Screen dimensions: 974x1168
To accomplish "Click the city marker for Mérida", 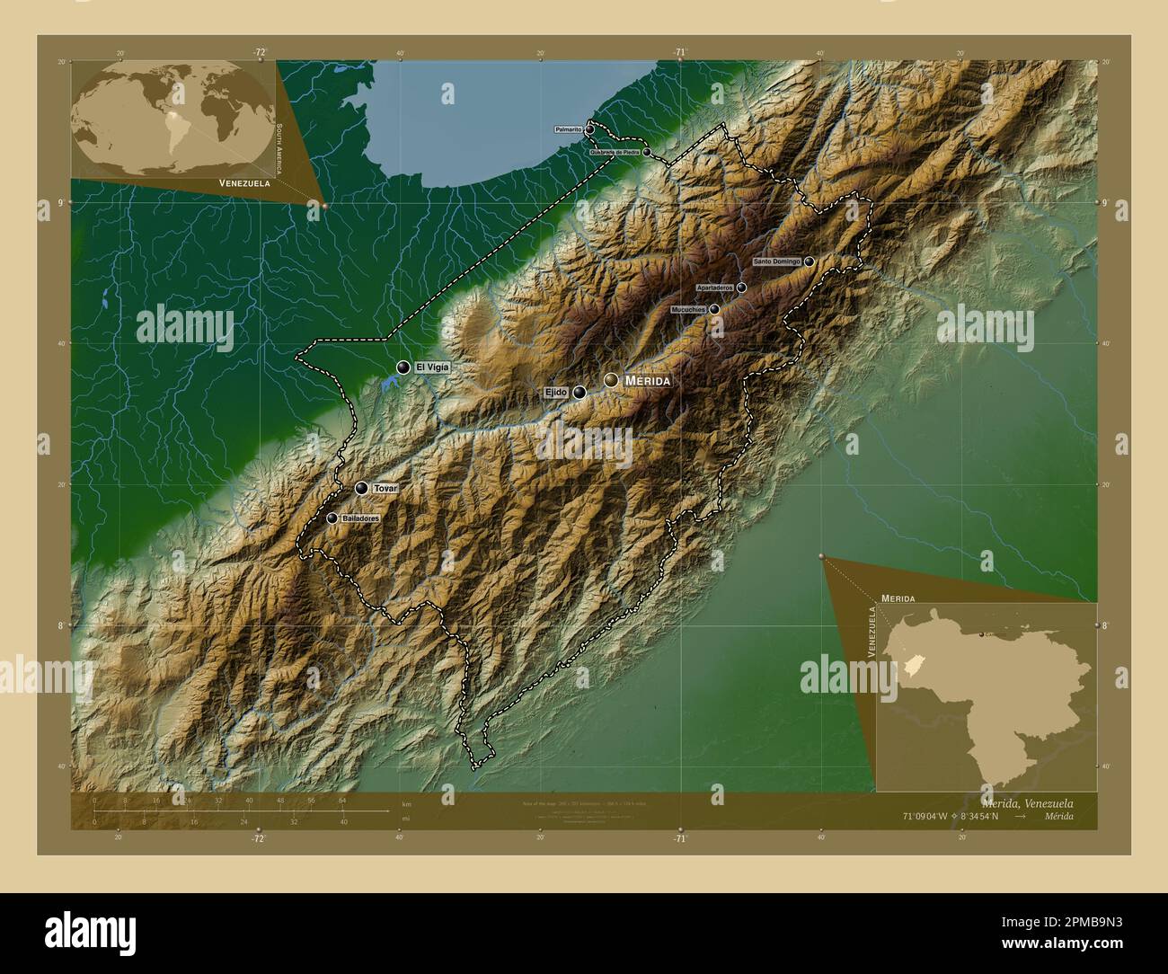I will pos(612,381).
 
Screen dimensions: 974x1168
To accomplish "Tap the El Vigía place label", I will pos(431,367).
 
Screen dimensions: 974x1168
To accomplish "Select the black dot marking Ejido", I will pos(580,393).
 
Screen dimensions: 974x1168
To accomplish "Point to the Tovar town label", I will pos(385,488).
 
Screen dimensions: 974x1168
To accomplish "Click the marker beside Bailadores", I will pos(332,518).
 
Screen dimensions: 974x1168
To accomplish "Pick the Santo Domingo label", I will pos(777,261).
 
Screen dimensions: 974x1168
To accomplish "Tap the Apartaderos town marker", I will pos(741,288).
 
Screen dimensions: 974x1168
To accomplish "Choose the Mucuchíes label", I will pos(688,309).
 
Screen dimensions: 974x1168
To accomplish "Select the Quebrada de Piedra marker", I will pos(647,152).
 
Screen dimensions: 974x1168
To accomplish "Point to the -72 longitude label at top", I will pos(260,52).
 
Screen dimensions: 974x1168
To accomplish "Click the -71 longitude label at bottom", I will pos(680,838).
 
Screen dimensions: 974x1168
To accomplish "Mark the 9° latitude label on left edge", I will pos(61,202).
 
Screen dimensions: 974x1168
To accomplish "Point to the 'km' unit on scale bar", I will pos(407,804).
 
